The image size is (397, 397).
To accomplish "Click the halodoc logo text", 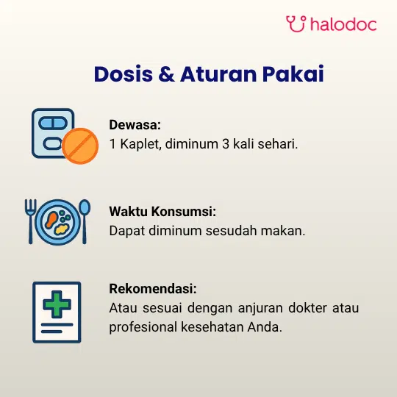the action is (x=343, y=24).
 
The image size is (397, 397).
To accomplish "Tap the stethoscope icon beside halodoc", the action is (x=296, y=24).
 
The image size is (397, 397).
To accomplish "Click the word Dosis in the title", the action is (x=124, y=74).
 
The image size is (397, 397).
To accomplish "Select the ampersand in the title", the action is (x=167, y=74).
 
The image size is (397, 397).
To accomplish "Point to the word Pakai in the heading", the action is (x=293, y=74).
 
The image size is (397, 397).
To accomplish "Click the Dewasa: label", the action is (x=135, y=124).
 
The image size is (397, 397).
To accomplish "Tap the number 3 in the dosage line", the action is (x=226, y=144).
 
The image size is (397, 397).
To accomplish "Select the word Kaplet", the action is (x=140, y=144).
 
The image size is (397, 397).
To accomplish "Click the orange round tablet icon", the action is (x=80, y=146).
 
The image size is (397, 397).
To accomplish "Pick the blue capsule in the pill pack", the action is (x=53, y=124).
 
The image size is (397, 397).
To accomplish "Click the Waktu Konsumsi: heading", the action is (x=162, y=211).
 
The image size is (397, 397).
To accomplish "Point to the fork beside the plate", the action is (x=31, y=221).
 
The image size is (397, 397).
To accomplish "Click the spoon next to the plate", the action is (x=85, y=221).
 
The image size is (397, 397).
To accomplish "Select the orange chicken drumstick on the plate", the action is (x=51, y=220).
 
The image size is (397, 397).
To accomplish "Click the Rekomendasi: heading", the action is (x=153, y=288).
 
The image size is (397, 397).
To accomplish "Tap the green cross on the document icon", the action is (x=57, y=304).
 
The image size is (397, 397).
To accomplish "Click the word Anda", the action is (x=265, y=327).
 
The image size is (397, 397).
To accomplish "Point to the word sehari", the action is (x=278, y=144).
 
